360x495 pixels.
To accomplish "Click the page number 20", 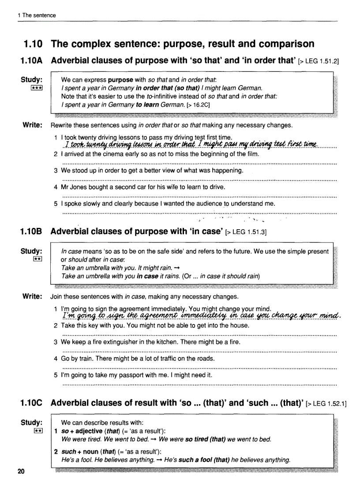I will [21, 472].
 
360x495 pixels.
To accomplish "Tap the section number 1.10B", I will [33, 231].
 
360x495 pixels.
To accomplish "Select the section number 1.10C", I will [33, 402].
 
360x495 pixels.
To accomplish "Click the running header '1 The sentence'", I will [37, 15].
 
